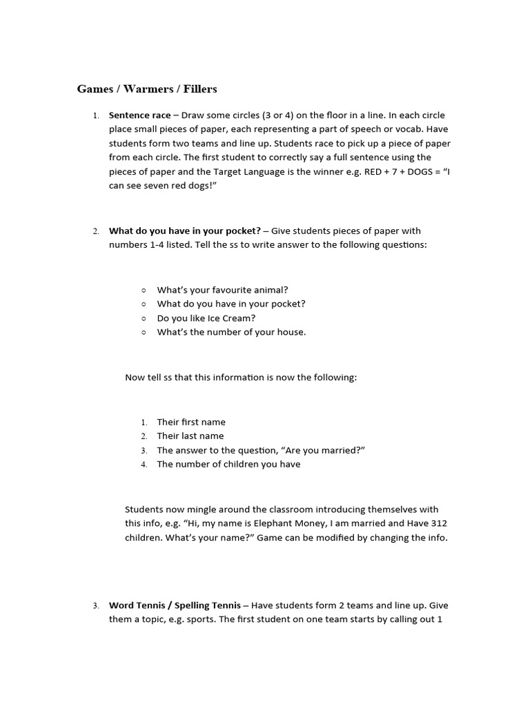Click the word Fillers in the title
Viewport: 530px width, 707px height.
(200, 89)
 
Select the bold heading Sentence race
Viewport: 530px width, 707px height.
(140, 115)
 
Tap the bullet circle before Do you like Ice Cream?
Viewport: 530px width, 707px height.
(144, 318)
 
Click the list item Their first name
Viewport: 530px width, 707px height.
(191, 422)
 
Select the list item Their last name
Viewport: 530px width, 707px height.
(190, 436)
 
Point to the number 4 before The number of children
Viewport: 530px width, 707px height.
(144, 465)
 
